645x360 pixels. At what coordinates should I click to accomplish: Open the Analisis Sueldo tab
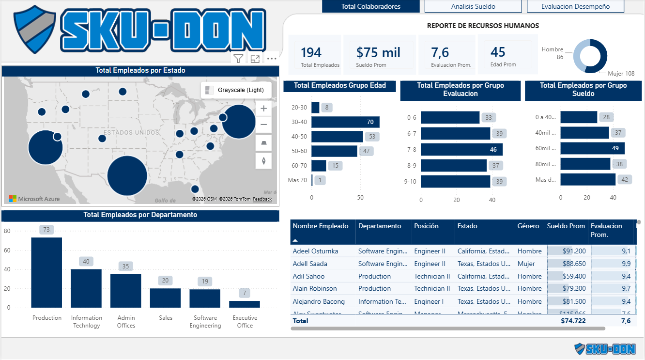coord(473,6)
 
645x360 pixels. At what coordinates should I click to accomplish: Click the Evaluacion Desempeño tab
coord(575,6)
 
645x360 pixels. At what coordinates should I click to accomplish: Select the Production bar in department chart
coord(46,272)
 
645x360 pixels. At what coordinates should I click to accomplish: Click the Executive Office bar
coord(245,304)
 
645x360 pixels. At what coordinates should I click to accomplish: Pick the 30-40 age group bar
coord(345,122)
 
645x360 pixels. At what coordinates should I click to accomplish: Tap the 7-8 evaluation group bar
coord(461,149)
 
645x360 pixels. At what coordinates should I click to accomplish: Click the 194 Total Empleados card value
coord(311,52)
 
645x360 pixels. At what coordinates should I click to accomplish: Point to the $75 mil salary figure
coord(378,52)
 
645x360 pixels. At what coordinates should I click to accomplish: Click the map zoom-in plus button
coord(263,109)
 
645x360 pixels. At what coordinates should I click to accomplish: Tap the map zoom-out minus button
coord(263,125)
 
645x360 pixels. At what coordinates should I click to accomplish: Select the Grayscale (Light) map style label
coord(241,90)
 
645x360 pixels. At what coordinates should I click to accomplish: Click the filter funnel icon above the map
coord(238,59)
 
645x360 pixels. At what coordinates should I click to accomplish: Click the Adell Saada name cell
coord(310,264)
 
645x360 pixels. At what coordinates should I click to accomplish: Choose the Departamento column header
coord(380,226)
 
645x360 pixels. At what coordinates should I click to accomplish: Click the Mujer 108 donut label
coord(622,74)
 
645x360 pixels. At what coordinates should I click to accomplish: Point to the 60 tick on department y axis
coord(7,250)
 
